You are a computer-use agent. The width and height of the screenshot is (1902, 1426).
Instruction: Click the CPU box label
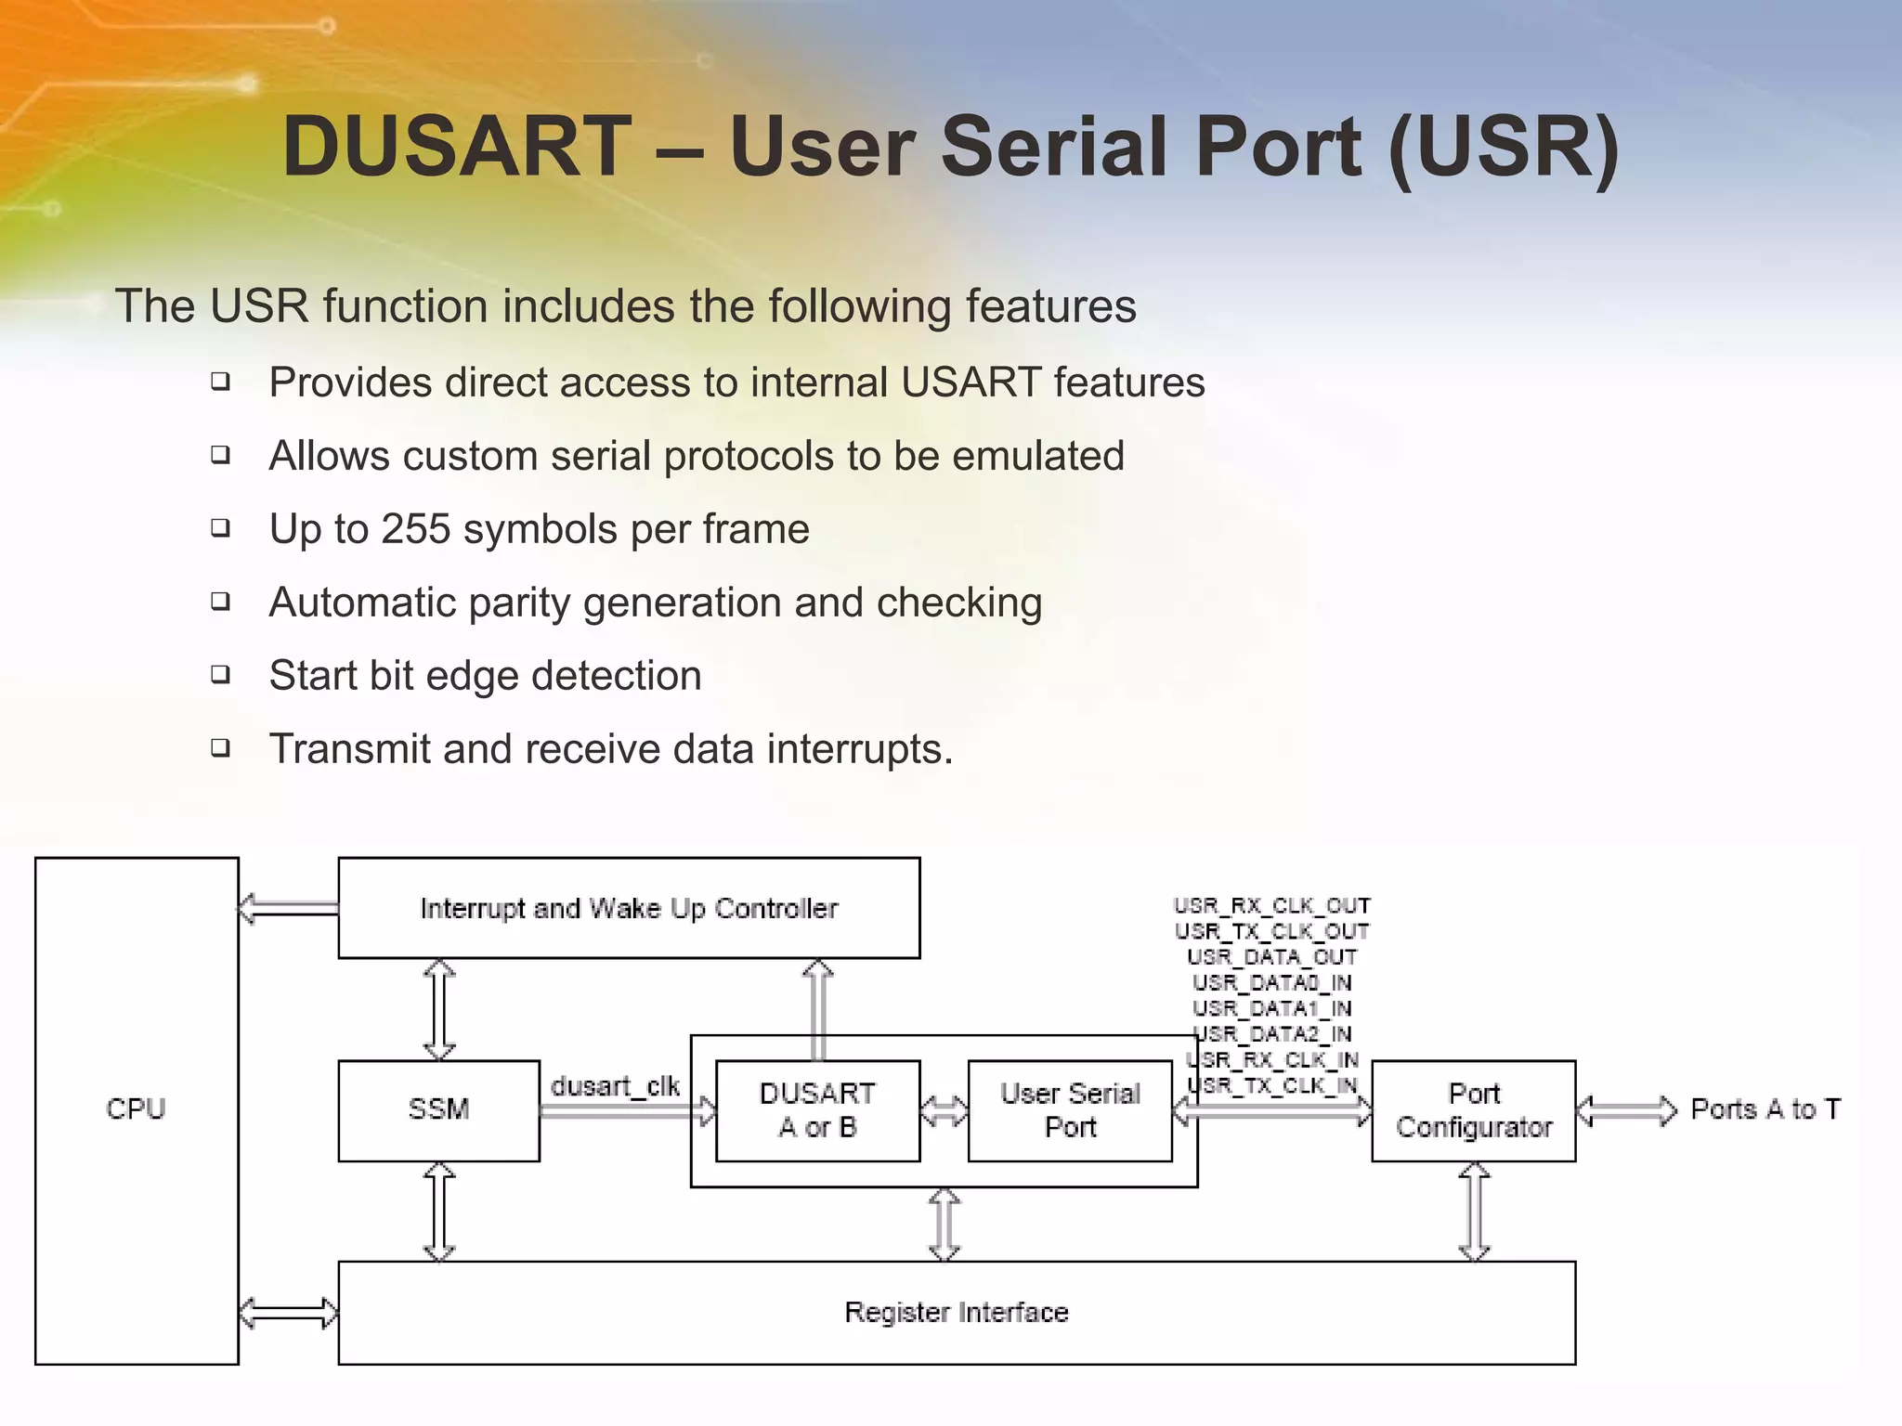coord(136,1109)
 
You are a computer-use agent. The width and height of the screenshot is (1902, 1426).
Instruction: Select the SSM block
coord(438,1109)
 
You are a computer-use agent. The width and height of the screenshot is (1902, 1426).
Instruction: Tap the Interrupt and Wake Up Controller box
coord(629,908)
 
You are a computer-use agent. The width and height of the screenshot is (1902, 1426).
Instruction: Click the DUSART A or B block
coord(817,1110)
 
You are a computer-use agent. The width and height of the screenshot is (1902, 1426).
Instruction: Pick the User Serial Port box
coord(1070,1110)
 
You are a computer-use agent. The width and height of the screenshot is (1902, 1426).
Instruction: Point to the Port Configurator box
coord(1474,1110)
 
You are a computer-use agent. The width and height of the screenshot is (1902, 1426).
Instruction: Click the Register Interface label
coord(957,1312)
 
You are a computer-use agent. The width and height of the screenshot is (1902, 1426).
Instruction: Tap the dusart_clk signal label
coord(615,1085)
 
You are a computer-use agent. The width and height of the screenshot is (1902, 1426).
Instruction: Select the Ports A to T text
coord(1765,1109)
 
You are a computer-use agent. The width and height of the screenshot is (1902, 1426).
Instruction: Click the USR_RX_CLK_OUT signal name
coord(1271,905)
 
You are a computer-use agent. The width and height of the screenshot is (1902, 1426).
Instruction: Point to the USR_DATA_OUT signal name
coord(1271,956)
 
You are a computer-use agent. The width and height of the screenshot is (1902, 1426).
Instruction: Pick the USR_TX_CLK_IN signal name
coord(1271,1084)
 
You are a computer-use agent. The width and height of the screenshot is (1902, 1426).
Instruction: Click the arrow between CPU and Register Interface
coord(288,1313)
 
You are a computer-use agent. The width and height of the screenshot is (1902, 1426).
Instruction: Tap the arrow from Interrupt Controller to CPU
coord(288,908)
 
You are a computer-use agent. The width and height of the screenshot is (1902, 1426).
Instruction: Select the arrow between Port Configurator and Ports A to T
coord(1627,1110)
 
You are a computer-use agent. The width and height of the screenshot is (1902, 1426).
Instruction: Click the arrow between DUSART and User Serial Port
coord(944,1110)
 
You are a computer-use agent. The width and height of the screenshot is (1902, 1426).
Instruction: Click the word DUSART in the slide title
coord(457,147)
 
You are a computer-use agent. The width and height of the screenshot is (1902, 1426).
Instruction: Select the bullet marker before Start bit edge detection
coord(220,674)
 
